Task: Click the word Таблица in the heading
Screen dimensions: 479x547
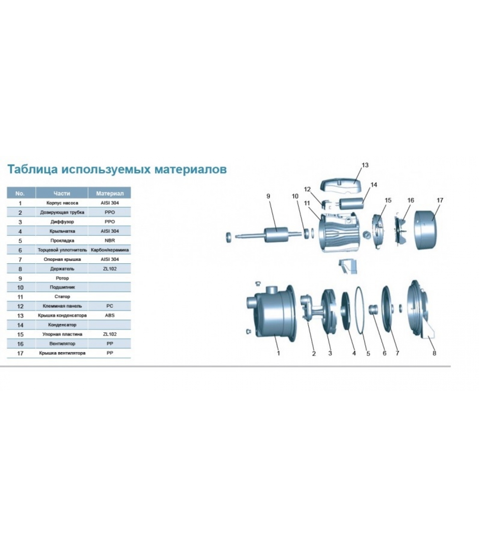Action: (x=33, y=169)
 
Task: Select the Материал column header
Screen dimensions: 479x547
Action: (x=109, y=193)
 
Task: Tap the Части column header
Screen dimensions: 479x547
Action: (x=62, y=193)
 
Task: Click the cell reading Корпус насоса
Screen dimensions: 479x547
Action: (x=62, y=203)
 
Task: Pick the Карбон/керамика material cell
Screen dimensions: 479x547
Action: (x=110, y=250)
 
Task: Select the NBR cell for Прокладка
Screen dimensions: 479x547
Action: (x=110, y=240)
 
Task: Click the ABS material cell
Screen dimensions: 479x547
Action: (x=110, y=315)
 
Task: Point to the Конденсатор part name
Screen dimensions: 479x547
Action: (x=62, y=325)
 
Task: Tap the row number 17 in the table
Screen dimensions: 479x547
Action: (x=20, y=353)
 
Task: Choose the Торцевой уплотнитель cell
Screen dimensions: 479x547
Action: (x=62, y=250)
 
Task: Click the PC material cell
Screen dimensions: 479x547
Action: (x=110, y=306)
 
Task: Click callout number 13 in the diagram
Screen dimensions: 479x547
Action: (x=365, y=165)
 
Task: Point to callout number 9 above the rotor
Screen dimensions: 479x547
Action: (x=268, y=196)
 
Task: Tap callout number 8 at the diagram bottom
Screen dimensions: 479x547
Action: (x=434, y=353)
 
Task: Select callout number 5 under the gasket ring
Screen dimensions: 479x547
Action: (x=368, y=353)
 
